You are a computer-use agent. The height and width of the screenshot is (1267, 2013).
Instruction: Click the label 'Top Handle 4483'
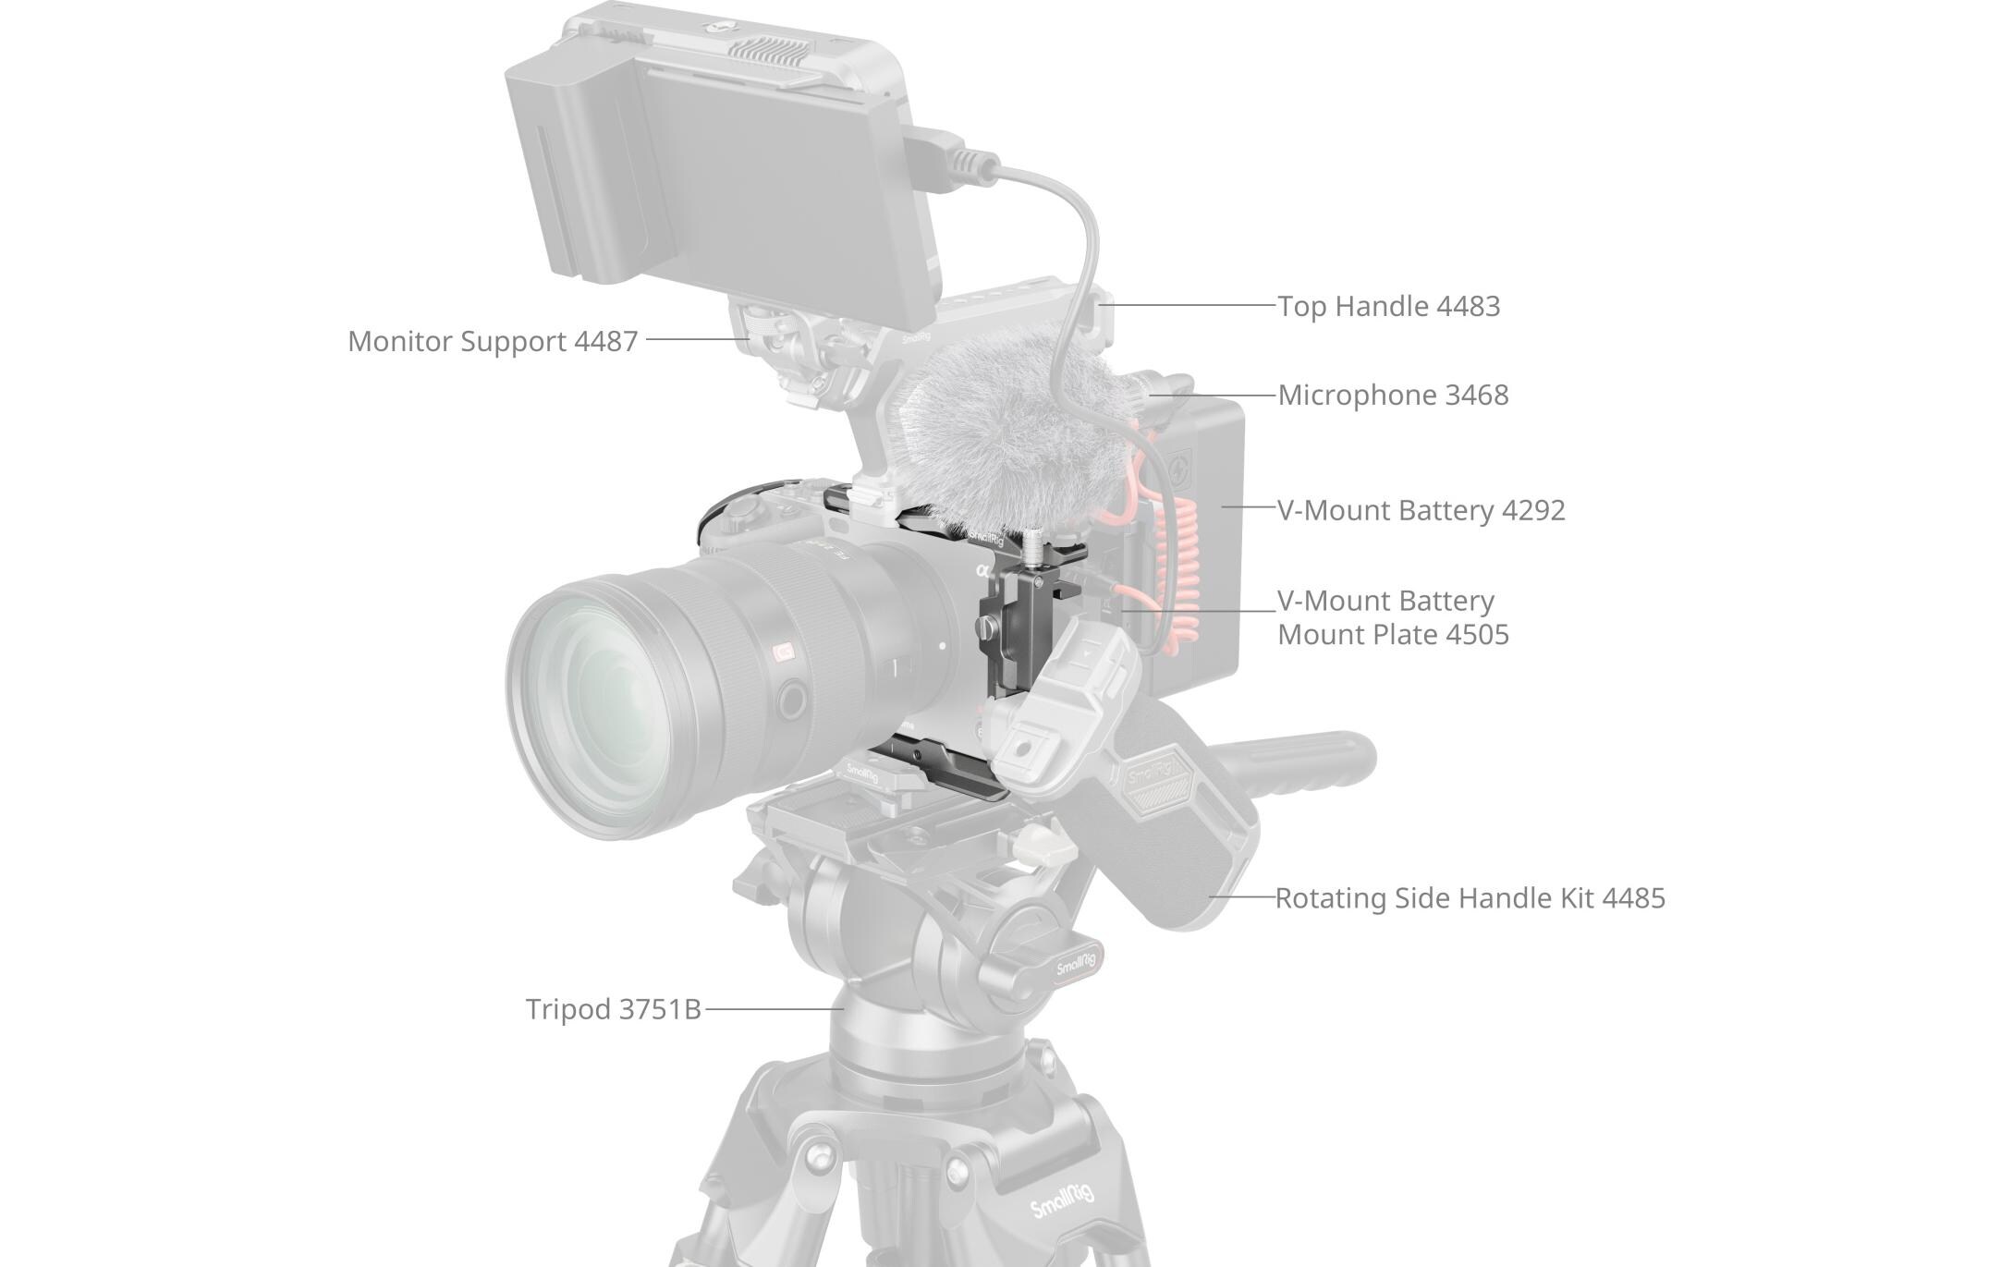click(1388, 306)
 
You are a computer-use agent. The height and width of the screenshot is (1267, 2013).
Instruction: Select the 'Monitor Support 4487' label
click(493, 341)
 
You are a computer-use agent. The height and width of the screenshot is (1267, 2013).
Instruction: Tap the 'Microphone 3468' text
click(1393, 395)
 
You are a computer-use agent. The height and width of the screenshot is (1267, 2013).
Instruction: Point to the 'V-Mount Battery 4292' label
click(1421, 510)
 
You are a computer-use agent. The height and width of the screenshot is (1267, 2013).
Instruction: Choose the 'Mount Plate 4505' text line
click(1393, 635)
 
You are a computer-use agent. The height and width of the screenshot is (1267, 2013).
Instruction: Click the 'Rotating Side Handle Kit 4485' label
click(1470, 898)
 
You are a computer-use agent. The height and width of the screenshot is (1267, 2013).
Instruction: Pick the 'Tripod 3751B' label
click(613, 1009)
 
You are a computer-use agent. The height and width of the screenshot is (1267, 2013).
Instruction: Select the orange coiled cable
click(1182, 573)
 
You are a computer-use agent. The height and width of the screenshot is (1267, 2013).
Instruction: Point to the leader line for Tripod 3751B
click(772, 1009)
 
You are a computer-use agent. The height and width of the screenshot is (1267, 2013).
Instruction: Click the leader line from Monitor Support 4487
click(697, 339)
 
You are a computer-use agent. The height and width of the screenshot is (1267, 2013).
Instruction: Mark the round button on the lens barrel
click(791, 701)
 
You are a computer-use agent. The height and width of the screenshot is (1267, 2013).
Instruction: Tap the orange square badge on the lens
click(785, 652)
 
